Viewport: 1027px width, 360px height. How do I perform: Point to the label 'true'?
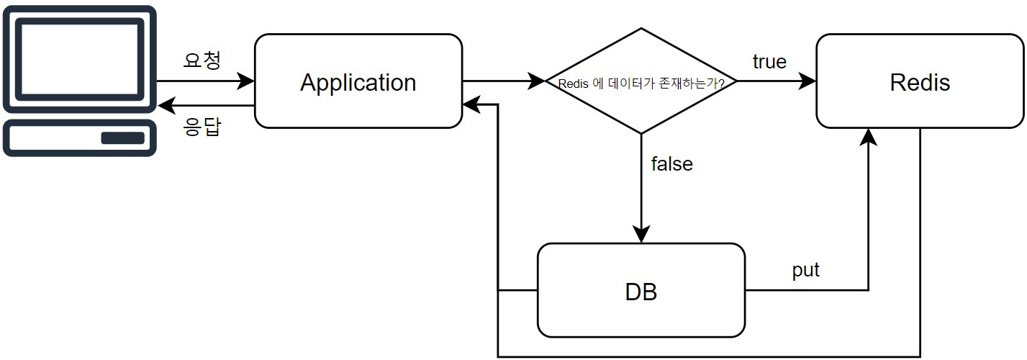coord(769,62)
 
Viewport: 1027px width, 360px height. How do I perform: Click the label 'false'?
coord(671,164)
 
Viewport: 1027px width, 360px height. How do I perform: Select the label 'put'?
coord(805,271)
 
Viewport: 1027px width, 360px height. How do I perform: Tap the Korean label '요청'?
coord(202,60)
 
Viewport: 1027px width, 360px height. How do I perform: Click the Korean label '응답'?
coord(202,128)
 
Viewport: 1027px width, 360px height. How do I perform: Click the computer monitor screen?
coord(79,58)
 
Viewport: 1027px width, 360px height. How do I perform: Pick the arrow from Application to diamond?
coord(503,81)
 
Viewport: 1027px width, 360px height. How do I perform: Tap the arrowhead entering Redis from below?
coord(869,137)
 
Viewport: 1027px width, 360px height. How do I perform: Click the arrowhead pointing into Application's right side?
coord(471,105)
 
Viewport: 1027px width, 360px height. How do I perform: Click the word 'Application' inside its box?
coord(358,82)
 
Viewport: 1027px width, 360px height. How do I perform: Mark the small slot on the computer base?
coord(122,138)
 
